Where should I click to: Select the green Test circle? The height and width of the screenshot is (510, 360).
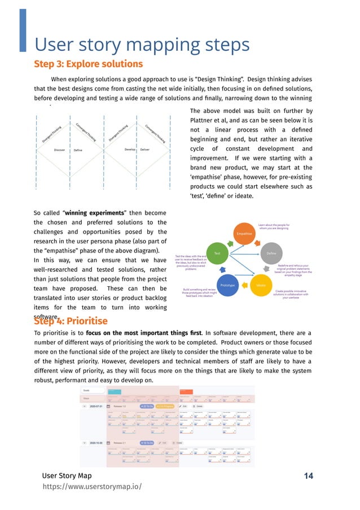217,254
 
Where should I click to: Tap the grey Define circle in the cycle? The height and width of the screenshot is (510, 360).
271,254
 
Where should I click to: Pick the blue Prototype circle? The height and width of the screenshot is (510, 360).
227,286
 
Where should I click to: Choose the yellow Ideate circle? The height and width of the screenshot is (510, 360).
261,286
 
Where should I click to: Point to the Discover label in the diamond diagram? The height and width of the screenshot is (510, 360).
60,150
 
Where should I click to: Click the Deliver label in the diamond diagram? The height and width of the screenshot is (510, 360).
144,150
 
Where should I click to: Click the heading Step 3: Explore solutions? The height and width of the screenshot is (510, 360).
88,64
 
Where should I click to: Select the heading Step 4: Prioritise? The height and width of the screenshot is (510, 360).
71,321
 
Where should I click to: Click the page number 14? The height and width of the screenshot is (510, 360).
308,476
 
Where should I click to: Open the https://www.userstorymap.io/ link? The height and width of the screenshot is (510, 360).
92,487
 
